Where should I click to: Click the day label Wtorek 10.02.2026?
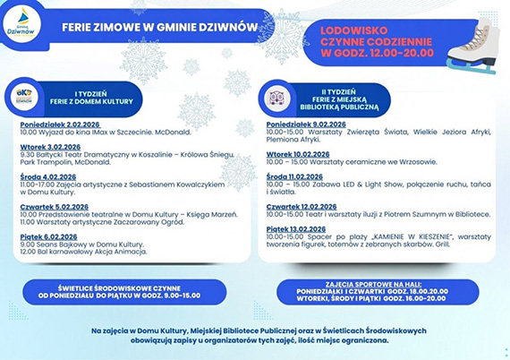(x=295, y=154)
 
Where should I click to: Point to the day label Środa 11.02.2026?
(x=293, y=176)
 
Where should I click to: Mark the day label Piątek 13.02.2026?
(x=294, y=228)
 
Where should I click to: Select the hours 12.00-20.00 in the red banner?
(x=401, y=53)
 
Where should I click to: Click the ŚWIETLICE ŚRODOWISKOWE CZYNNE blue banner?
(x=120, y=288)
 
